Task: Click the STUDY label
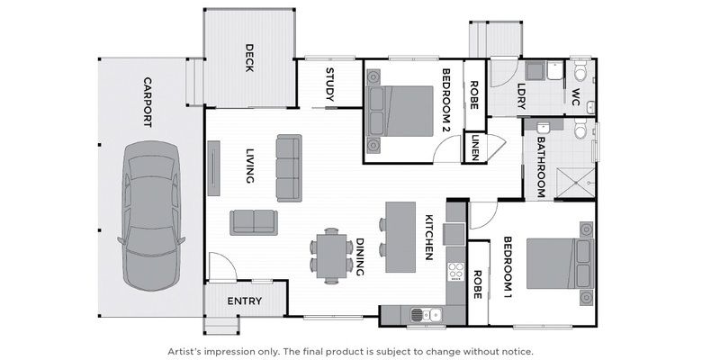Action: [329, 84]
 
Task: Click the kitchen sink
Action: [423, 314]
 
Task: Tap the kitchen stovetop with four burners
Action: [454, 274]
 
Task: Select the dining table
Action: [331, 256]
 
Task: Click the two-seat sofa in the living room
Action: [255, 221]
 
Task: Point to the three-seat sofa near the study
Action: [289, 168]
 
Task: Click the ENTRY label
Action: [244, 301]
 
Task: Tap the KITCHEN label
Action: [429, 237]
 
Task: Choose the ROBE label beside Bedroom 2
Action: [474, 95]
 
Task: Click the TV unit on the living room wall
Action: [212, 167]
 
